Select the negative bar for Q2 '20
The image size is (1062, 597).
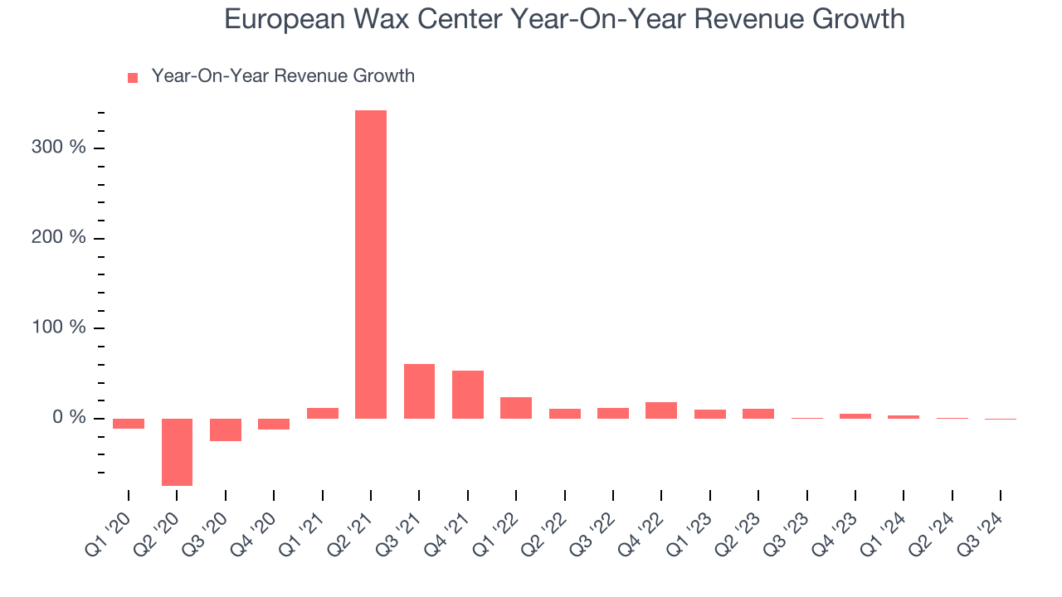(177, 452)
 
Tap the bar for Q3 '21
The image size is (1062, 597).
(419, 391)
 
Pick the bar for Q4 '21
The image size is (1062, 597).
(468, 395)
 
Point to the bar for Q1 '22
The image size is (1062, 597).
(516, 408)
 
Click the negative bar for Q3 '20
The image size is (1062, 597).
(226, 430)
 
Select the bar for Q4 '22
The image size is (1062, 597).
(661, 410)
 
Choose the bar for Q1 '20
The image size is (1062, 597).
(129, 424)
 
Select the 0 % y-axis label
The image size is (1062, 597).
(70, 418)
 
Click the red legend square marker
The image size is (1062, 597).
(133, 78)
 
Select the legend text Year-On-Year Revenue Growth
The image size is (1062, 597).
(283, 76)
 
